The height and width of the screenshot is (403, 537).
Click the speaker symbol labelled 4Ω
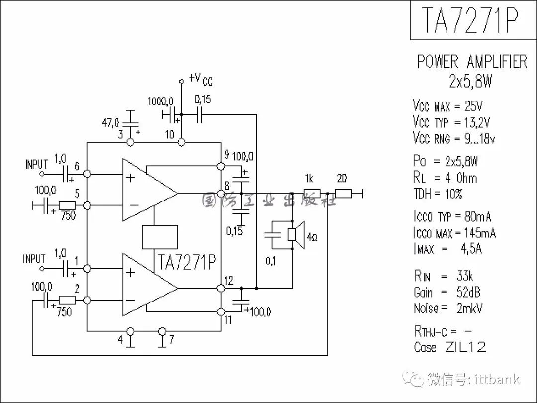(x=296, y=235)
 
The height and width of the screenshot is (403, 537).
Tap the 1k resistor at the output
(x=312, y=194)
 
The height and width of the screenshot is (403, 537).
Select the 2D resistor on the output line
(x=343, y=194)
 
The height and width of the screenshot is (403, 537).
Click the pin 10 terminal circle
(x=182, y=142)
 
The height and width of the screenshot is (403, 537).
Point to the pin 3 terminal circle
(x=130, y=142)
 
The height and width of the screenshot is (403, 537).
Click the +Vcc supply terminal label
(x=201, y=79)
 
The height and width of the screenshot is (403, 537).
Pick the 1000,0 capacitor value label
(x=160, y=101)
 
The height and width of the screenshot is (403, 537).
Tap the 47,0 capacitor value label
(x=110, y=123)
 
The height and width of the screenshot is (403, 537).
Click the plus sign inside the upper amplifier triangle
(x=130, y=178)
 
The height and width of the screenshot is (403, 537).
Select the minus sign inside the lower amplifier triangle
(x=130, y=300)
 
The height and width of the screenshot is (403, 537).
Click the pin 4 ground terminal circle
(x=130, y=331)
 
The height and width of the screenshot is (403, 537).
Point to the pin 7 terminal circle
(x=162, y=331)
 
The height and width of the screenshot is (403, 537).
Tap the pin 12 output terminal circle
(x=221, y=288)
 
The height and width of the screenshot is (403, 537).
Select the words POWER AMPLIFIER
(x=472, y=62)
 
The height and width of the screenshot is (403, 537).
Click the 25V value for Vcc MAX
(x=473, y=106)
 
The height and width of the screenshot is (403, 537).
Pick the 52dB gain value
(x=468, y=292)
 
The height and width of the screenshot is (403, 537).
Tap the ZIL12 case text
(x=465, y=347)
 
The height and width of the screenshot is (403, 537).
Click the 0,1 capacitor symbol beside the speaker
(x=272, y=235)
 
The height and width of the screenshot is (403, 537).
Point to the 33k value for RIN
(x=465, y=276)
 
